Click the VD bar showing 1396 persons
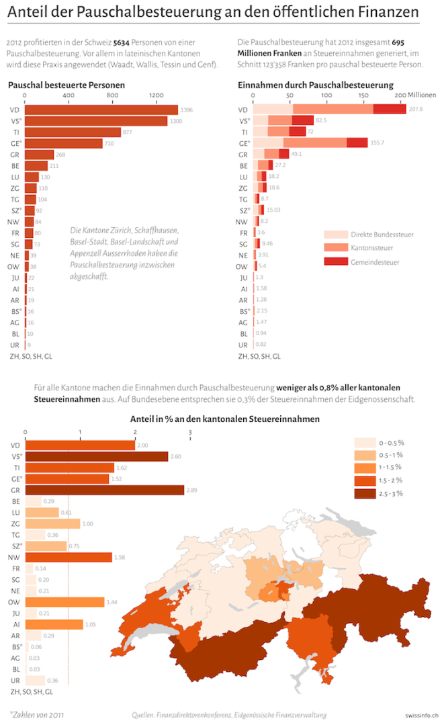[101, 110]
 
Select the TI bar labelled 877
[73, 132]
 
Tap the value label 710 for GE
[109, 143]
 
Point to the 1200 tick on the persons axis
[157, 95]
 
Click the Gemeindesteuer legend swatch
[335, 261]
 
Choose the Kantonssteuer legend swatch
[335, 248]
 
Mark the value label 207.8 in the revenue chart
[416, 110]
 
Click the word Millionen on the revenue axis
[423, 95]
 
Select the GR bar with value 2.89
[104, 490]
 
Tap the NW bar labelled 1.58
[68, 556]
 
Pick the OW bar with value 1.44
[64, 601]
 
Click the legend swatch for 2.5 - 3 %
[364, 494]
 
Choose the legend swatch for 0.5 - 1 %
[364, 456]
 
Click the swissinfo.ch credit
[422, 716]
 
